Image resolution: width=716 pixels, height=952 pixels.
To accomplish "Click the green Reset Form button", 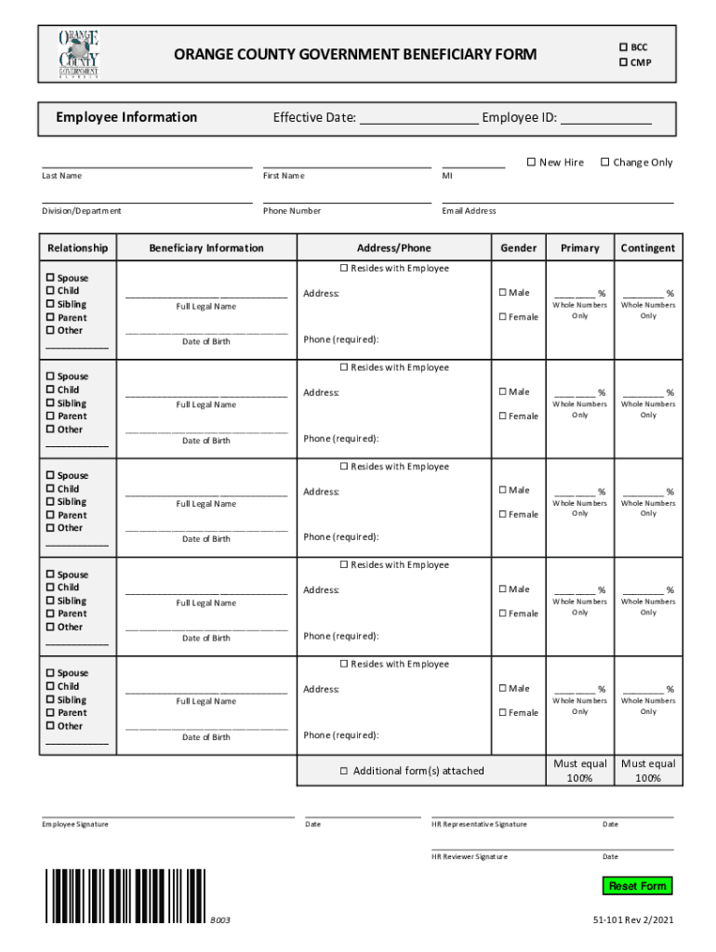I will coord(637,886).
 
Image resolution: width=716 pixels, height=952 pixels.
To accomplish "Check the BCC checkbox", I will coord(624,47).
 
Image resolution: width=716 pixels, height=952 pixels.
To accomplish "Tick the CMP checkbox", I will coord(624,63).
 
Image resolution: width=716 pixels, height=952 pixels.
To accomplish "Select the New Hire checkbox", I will coord(531,163).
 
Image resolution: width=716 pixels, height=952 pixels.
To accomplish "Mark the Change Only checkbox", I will coord(604,163).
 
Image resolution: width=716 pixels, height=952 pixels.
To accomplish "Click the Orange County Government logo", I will coord(79,54).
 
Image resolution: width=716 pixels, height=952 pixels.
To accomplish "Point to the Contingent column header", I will coord(648,248).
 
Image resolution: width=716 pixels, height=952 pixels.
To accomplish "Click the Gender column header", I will coord(518,248).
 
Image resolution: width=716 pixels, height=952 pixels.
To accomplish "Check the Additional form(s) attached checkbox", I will coord(343,771).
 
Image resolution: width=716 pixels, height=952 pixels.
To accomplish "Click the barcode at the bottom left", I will coord(125,895).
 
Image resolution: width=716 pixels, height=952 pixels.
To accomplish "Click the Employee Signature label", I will coord(75,825).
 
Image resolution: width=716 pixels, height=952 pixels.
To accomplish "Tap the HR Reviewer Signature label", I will coord(470,856).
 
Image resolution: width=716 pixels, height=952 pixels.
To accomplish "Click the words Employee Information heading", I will coord(126,117).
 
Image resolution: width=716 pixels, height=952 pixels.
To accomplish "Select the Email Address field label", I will coord(469,211).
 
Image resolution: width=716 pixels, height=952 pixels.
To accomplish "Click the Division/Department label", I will coord(82,211).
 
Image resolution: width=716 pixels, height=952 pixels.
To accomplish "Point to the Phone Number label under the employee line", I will coord(292,211).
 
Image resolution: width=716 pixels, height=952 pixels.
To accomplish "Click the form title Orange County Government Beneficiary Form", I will coord(355,55).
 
